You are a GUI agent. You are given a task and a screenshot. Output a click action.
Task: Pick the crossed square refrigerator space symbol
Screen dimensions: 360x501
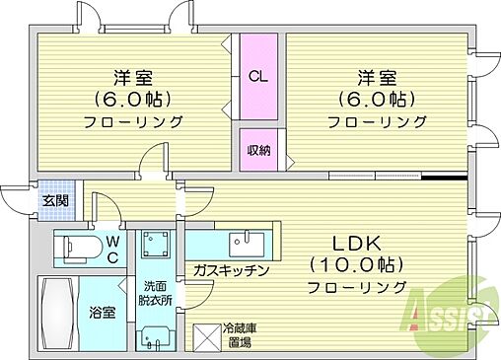[206, 336]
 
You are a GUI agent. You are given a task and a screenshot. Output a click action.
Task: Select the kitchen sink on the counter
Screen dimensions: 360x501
[243, 243]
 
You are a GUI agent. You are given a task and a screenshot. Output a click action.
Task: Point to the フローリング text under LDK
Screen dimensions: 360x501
[356, 287]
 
